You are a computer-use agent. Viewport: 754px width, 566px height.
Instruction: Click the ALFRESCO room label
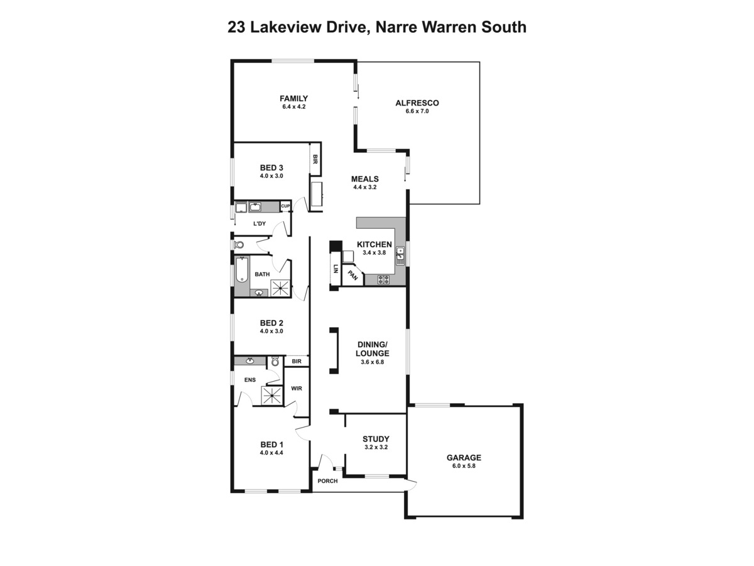417,103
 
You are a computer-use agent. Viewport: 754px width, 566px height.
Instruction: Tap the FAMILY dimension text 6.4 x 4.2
293,106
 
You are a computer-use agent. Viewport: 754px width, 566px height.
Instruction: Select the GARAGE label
464,457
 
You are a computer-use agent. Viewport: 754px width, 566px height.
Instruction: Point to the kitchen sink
400,256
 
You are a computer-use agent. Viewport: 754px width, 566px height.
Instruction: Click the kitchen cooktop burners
384,279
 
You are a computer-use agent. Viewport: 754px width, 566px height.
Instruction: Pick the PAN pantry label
353,275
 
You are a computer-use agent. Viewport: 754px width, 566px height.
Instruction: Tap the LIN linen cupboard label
336,269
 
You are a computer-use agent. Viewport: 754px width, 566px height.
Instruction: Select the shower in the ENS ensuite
273,396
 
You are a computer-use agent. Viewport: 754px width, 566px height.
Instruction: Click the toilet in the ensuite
275,362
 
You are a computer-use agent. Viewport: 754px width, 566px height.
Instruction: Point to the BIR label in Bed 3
315,159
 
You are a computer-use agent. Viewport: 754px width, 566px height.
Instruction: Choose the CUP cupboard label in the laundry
285,206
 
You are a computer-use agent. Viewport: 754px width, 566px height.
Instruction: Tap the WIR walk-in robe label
297,388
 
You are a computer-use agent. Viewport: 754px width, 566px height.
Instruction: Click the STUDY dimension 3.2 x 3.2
376,447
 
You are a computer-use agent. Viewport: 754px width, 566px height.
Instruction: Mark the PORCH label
327,480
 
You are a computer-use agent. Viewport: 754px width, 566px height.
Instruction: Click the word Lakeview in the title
286,27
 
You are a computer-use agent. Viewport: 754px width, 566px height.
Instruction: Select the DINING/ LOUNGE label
373,349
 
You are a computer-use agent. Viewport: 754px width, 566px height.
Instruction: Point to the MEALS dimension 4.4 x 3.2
365,187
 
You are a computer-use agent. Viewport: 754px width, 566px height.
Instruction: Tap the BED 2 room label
271,323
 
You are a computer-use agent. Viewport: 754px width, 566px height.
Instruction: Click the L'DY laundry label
260,224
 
